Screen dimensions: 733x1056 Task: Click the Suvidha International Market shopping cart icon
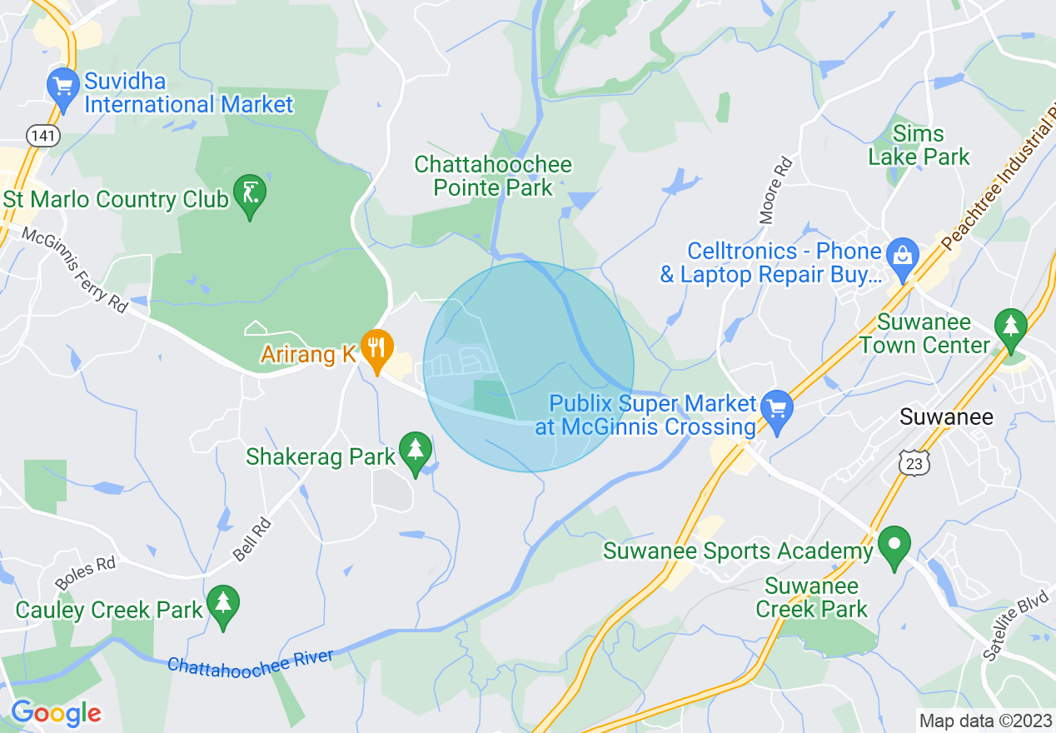point(63,86)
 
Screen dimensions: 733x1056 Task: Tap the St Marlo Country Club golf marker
point(250,193)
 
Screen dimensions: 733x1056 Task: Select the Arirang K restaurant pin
point(376,349)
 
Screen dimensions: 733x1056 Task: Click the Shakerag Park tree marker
point(415,451)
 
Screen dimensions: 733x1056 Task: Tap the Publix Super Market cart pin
point(777,409)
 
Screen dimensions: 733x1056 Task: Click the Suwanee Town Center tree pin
point(1011,327)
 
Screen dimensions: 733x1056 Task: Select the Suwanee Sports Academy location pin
point(894,545)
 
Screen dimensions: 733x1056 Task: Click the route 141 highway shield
point(42,135)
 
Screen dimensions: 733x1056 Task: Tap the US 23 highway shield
point(914,464)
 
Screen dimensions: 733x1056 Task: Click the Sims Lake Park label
point(919,145)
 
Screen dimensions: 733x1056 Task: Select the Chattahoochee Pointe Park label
point(493,176)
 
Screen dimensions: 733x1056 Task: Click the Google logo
point(56,713)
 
